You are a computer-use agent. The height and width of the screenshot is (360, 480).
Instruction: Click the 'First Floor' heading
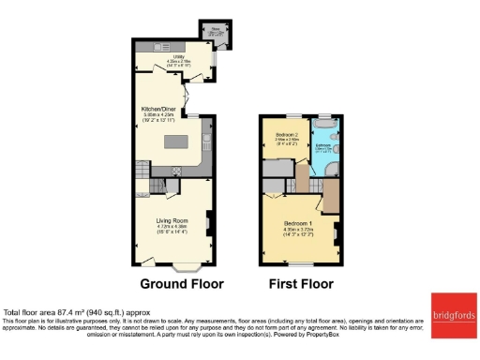click(x=300, y=282)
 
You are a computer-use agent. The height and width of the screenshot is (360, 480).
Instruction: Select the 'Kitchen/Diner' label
click(x=157, y=109)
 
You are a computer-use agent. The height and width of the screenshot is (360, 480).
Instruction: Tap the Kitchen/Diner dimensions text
click(x=157, y=119)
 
